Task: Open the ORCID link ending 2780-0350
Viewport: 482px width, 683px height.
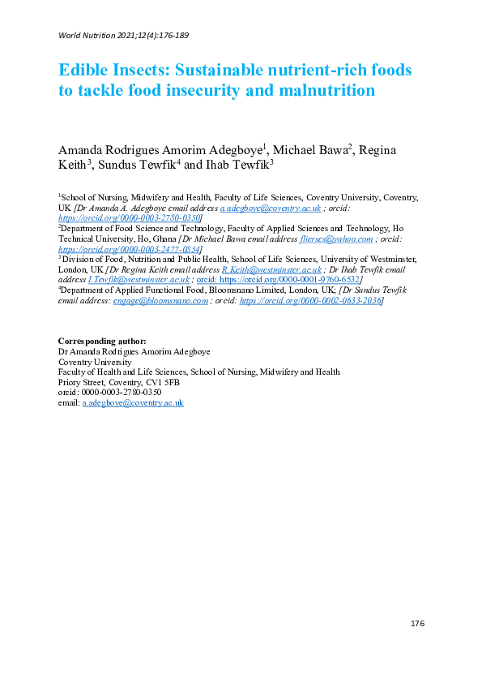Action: point(130,218)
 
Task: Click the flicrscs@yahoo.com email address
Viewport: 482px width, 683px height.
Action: point(341,238)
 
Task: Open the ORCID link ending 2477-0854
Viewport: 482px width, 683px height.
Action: point(130,249)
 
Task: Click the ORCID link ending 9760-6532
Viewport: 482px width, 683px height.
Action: point(279,280)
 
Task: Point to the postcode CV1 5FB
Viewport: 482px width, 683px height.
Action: point(160,382)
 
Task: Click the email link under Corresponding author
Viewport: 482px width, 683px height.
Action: point(133,402)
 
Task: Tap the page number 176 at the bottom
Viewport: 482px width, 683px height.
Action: point(417,623)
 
